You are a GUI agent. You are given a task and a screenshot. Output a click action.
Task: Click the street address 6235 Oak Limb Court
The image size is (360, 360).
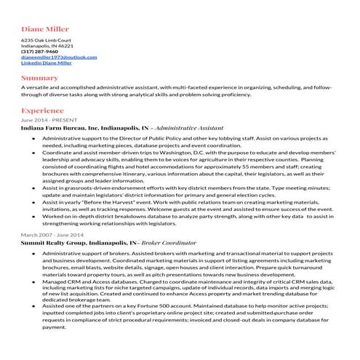coord(47,40)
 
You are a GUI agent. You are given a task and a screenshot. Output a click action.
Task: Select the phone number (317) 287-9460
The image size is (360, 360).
coord(39,52)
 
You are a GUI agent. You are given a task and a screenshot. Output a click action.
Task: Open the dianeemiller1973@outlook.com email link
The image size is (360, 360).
coord(59,57)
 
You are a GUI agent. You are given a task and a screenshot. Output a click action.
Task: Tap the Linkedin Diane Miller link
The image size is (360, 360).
coord(47,63)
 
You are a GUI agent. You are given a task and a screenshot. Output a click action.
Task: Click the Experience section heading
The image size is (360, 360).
coord(42,111)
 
